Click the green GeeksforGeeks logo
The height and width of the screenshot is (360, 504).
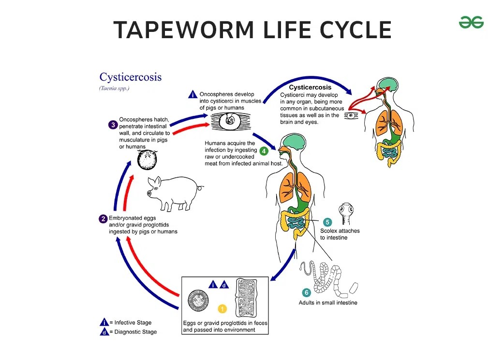(471, 23)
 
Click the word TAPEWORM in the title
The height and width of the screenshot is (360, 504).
(184, 29)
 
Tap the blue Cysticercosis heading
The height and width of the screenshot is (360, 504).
(131, 77)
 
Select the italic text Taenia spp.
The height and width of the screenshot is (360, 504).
(114, 88)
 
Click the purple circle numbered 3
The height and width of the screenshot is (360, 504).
(113, 125)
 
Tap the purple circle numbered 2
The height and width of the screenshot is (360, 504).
(103, 219)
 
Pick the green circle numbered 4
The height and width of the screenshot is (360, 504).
(264, 151)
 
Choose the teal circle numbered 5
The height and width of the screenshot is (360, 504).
(327, 222)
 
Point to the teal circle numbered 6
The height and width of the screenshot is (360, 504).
(306, 292)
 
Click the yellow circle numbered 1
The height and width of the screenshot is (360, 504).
(222, 309)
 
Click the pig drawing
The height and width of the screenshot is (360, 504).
(174, 193)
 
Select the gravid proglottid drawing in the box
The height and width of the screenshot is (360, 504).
(247, 298)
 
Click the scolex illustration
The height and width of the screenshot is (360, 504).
(346, 213)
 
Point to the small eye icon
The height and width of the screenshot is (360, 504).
(351, 115)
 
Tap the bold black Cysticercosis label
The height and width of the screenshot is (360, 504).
(310, 87)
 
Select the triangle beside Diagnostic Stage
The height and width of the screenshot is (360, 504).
(104, 332)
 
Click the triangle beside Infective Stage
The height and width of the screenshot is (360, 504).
(104, 322)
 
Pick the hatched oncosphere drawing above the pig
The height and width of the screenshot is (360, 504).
(147, 160)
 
